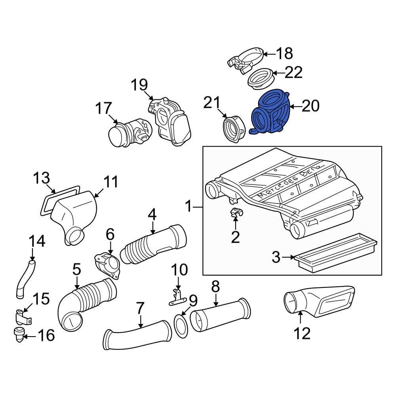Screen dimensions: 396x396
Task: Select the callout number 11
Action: tap(111, 182)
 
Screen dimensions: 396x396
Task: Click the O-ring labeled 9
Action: tap(181, 327)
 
